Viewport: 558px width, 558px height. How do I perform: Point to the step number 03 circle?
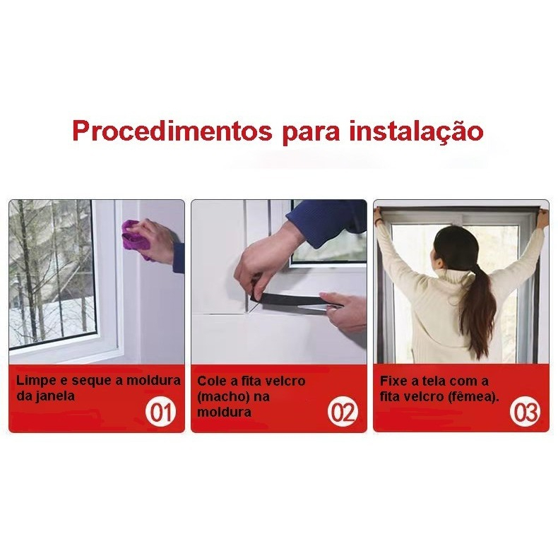(x=525, y=412)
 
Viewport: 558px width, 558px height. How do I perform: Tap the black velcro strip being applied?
(x=295, y=301)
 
